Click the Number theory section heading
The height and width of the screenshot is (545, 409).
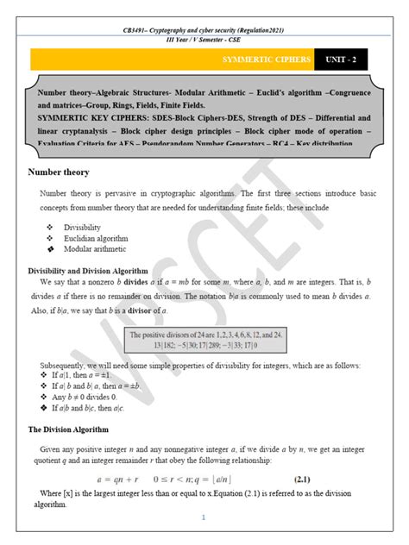[x=59, y=172]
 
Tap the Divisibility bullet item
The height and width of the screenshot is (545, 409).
[x=82, y=226]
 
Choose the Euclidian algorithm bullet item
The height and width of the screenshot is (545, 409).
[x=96, y=237]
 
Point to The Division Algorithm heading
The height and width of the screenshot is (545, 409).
[x=69, y=429]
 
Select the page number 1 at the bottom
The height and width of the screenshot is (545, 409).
[x=204, y=517]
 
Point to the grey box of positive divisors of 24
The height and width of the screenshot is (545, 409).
[x=204, y=339]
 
